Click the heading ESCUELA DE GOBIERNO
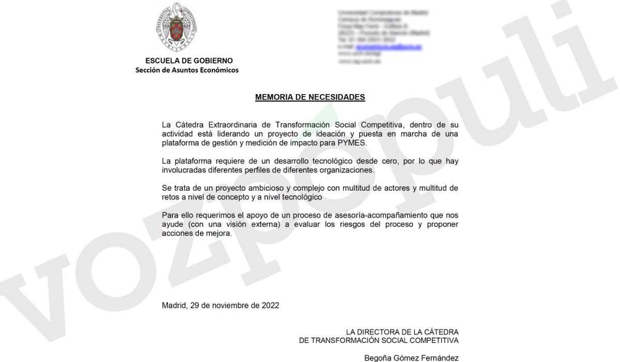(189, 61)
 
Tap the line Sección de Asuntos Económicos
(187, 70)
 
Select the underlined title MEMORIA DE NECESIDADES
(310, 97)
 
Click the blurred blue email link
(389, 47)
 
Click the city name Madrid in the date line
(174, 305)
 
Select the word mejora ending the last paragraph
(219, 233)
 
